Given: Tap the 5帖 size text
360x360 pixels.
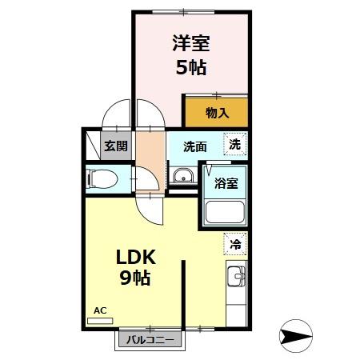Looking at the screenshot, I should pyautogui.click(x=190, y=67).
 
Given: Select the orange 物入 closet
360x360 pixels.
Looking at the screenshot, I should pyautogui.click(x=216, y=113).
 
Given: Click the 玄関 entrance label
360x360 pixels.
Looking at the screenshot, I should pyautogui.click(x=115, y=146).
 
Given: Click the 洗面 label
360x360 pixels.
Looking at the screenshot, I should pyautogui.click(x=194, y=146).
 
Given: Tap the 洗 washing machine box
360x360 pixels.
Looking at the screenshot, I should pyautogui.click(x=234, y=144).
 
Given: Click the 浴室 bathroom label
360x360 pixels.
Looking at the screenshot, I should pyautogui.click(x=226, y=182).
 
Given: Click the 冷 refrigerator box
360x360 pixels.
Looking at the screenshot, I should pyautogui.click(x=235, y=244).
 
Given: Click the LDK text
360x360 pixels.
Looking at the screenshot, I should pyautogui.click(x=141, y=258).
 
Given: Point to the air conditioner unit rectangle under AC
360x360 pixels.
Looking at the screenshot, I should pyautogui.click(x=101, y=319).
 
